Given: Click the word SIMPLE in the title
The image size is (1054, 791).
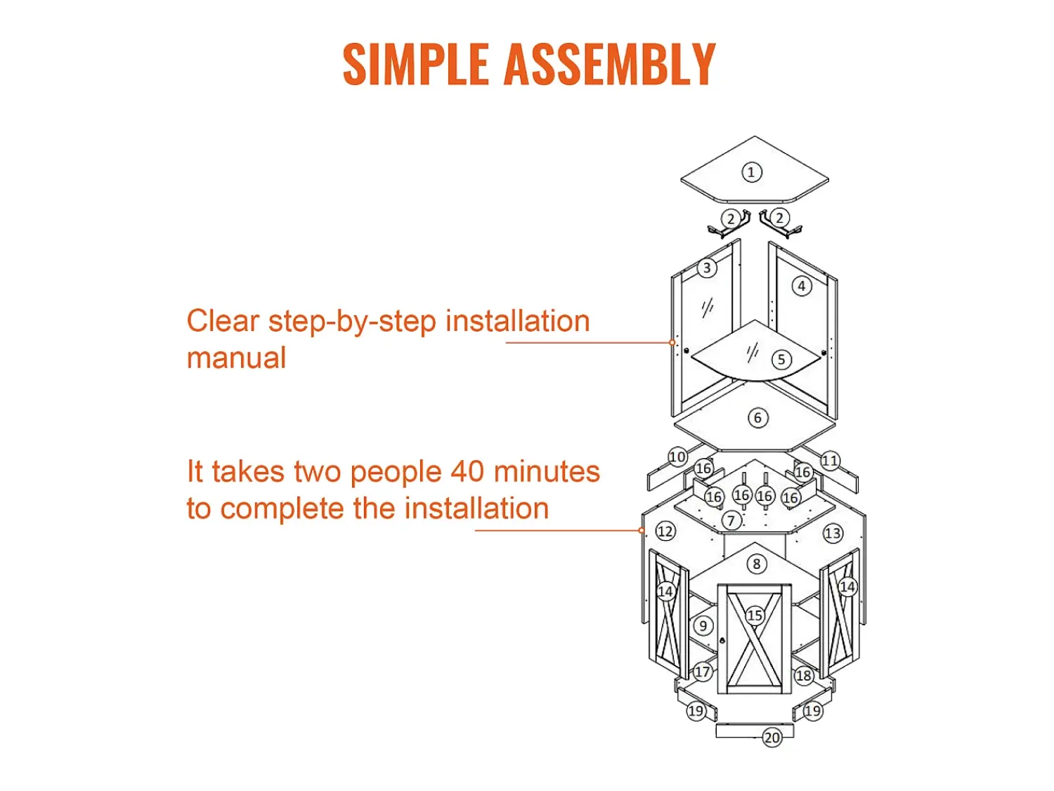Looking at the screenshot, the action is click(x=416, y=64).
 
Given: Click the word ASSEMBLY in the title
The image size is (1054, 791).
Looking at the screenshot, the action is click(x=610, y=64).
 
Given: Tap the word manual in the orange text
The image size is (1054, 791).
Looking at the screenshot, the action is click(x=236, y=358).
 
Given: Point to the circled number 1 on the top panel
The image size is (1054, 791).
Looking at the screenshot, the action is click(x=751, y=172).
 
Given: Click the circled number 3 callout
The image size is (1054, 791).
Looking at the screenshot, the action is click(x=707, y=268).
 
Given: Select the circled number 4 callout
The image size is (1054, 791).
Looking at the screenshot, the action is click(x=802, y=286).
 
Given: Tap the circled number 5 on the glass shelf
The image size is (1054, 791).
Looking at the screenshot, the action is click(x=781, y=360).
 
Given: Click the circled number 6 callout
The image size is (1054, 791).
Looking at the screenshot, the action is click(x=757, y=417).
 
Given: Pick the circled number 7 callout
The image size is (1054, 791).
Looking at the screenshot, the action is click(x=731, y=520).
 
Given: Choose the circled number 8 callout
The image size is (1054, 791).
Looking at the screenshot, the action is click(x=757, y=563).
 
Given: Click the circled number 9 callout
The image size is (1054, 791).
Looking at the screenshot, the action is click(x=703, y=625).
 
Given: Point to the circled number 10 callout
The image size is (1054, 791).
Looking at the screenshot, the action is click(x=677, y=457).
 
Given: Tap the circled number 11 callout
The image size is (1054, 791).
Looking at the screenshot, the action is click(x=830, y=461).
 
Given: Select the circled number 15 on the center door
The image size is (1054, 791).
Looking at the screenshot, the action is click(x=755, y=615).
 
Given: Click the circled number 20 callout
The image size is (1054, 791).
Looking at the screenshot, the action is click(x=772, y=737).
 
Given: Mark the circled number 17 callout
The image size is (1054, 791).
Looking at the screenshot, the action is click(x=702, y=672).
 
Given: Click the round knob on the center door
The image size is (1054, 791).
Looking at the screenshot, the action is click(x=722, y=640).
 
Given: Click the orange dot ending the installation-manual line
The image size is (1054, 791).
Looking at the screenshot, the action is click(x=672, y=342).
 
